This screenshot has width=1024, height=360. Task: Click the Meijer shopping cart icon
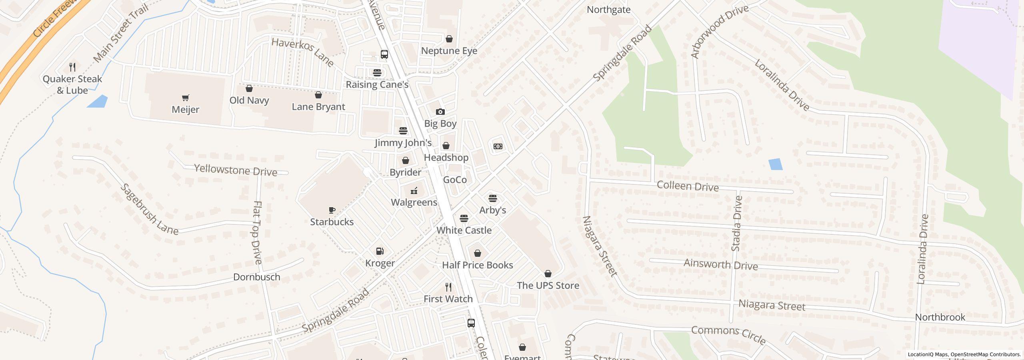click(185, 98)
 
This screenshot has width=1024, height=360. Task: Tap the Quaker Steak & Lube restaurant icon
click(72, 67)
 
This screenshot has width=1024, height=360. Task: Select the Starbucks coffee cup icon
click(332, 210)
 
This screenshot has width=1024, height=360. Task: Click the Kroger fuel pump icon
click(380, 251)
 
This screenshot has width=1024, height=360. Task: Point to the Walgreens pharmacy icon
click(414, 190)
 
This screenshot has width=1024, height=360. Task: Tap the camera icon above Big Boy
click(440, 112)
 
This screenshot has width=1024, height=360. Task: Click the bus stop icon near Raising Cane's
click(384, 54)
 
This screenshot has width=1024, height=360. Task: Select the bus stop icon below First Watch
click(471, 323)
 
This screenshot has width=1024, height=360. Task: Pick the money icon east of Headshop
click(498, 146)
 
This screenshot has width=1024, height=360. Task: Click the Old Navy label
click(249, 100)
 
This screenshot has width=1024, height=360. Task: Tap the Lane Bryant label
click(318, 107)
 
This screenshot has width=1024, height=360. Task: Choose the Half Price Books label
click(477, 265)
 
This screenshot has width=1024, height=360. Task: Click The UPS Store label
click(548, 285)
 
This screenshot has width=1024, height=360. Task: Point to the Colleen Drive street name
click(688, 186)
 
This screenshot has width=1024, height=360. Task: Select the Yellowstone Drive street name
click(236, 170)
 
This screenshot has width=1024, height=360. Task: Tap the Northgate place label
click(608, 10)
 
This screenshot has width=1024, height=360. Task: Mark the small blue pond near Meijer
click(97, 102)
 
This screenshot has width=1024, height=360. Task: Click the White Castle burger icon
click(464, 218)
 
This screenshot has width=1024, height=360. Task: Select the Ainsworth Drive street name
click(720, 264)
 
